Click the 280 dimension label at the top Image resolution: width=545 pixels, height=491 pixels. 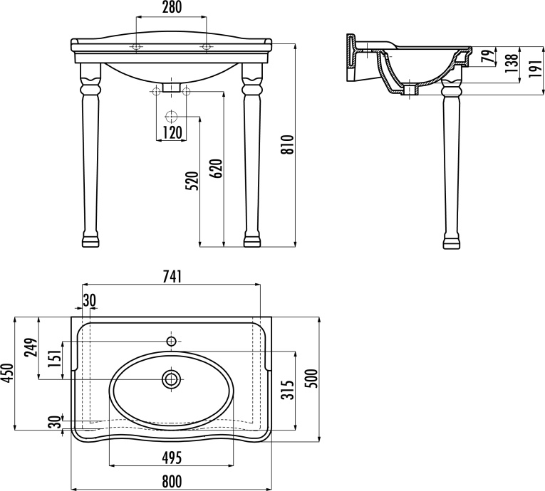click(171, 8)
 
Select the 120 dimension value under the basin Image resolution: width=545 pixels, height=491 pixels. click(171, 132)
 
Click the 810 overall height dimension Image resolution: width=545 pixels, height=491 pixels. click(289, 144)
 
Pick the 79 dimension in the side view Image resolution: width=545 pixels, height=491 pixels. click(487, 56)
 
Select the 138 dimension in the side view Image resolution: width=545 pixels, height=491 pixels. click(511, 64)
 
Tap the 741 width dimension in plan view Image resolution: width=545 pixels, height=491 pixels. click(172, 277)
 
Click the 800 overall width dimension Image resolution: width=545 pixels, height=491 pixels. click(171, 482)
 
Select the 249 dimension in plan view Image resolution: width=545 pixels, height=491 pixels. click(31, 347)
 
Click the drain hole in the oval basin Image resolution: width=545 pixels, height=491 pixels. click(171, 379)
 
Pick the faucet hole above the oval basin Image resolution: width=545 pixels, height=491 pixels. click(171, 342)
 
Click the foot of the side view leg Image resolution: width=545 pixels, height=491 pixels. click(450, 241)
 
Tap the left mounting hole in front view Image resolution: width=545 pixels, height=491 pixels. click(135, 47)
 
